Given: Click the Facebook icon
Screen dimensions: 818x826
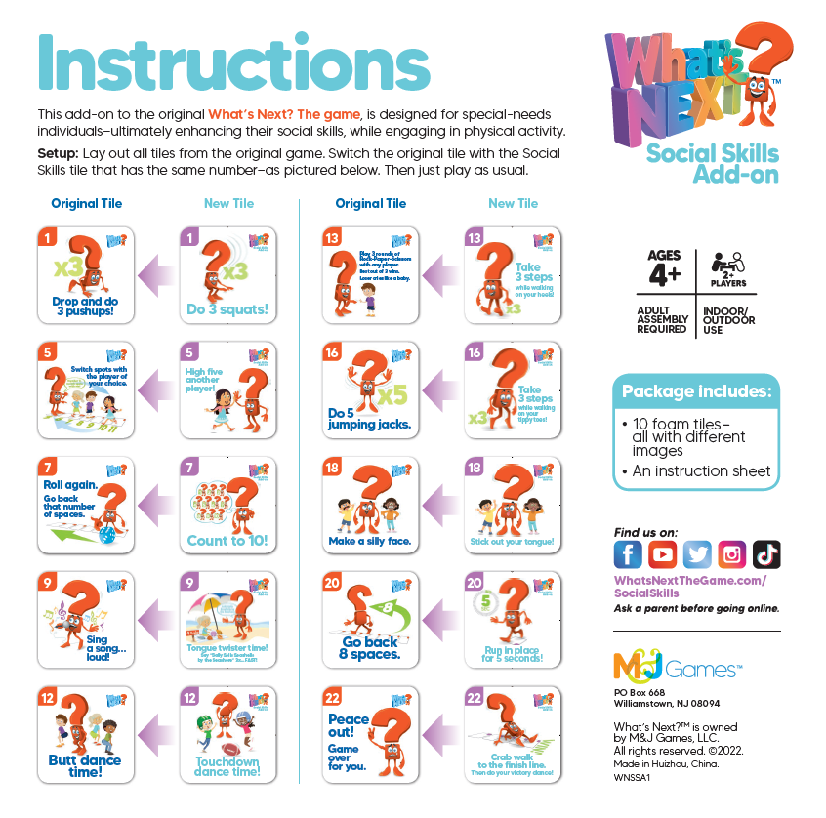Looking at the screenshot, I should pos(628,554).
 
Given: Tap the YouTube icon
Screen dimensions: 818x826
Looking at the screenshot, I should pos(662,554).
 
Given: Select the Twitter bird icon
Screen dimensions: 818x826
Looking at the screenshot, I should pos(697,554).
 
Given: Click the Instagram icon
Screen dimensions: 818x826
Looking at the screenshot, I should pos(732,554).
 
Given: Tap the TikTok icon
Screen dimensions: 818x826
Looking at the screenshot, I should pos(766,554).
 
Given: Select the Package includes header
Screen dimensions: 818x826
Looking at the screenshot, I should pos(697,392).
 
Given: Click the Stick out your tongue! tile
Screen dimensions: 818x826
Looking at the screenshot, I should pos(512,505).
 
